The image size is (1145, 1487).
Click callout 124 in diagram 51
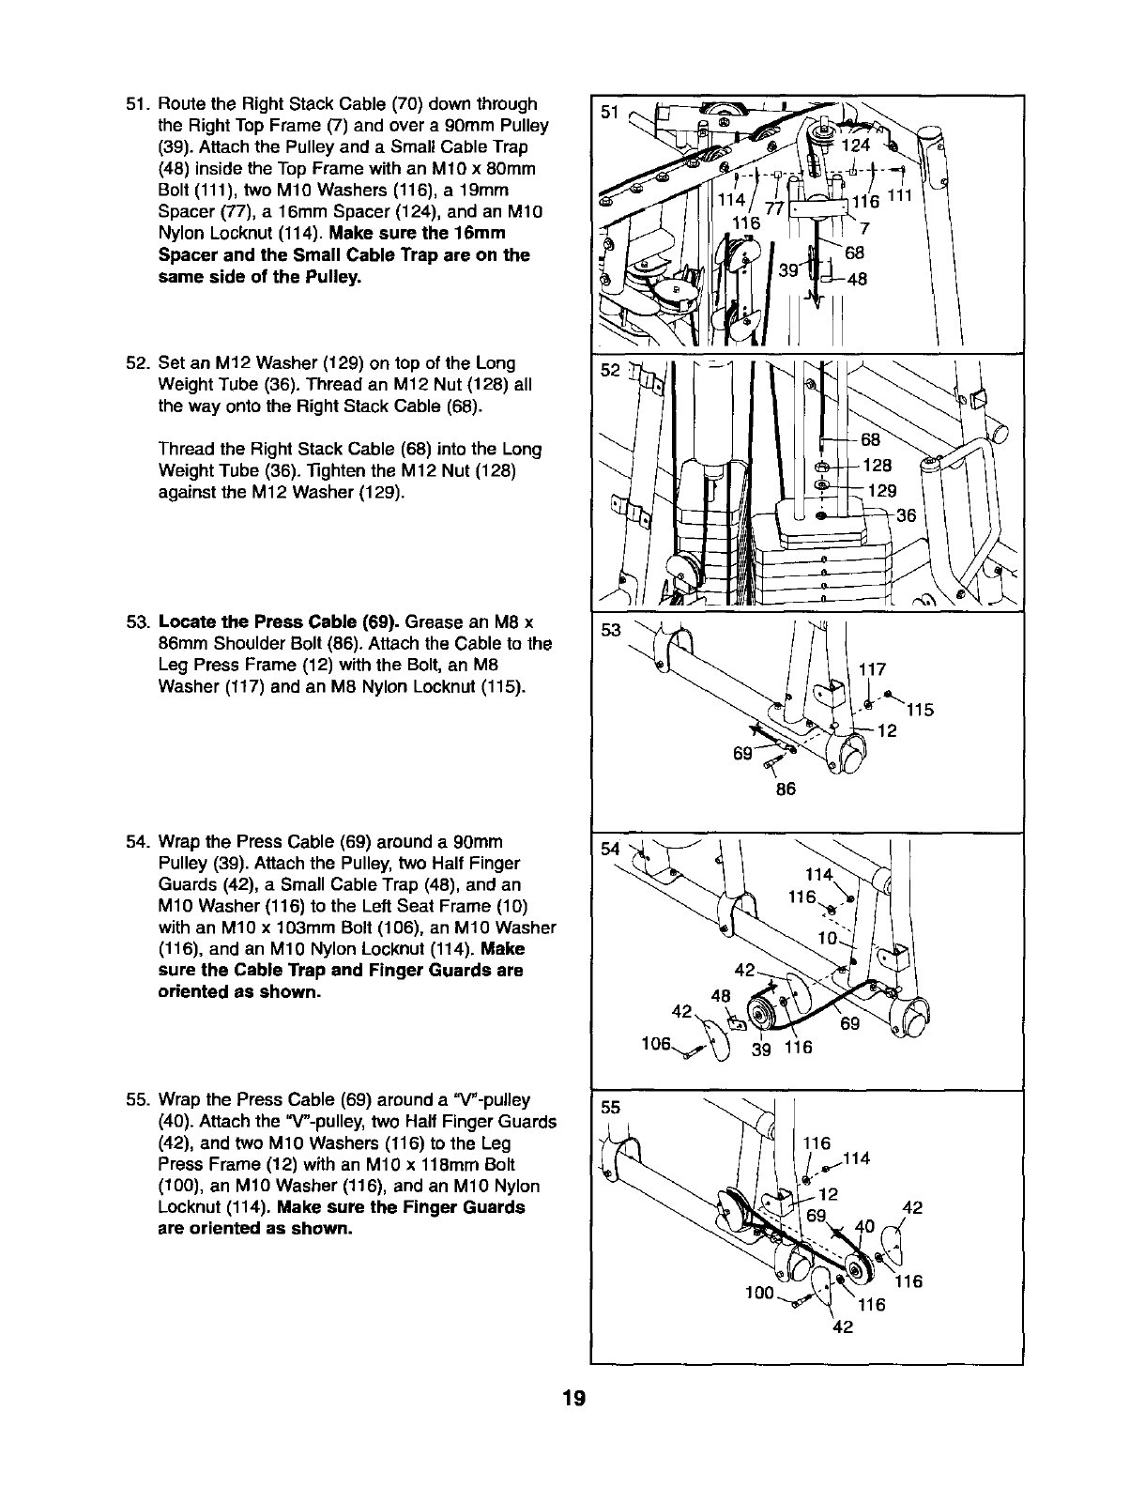[x=856, y=146]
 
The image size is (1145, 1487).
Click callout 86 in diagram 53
[x=786, y=789]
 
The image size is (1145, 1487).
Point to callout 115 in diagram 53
[x=921, y=710]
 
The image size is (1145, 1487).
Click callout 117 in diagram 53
[x=873, y=670]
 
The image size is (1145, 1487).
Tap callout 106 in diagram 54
[x=655, y=1045]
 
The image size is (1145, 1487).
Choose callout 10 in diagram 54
[x=827, y=938]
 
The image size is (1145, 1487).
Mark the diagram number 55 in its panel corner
[x=611, y=1107]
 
